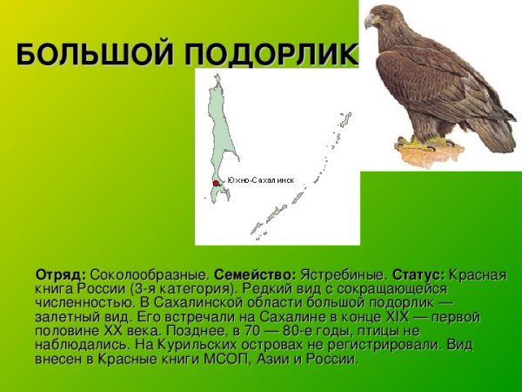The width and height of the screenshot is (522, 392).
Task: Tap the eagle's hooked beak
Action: (370, 20)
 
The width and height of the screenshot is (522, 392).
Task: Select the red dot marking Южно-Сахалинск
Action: (217, 183)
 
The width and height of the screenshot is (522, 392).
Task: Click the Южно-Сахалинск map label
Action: (260, 180)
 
